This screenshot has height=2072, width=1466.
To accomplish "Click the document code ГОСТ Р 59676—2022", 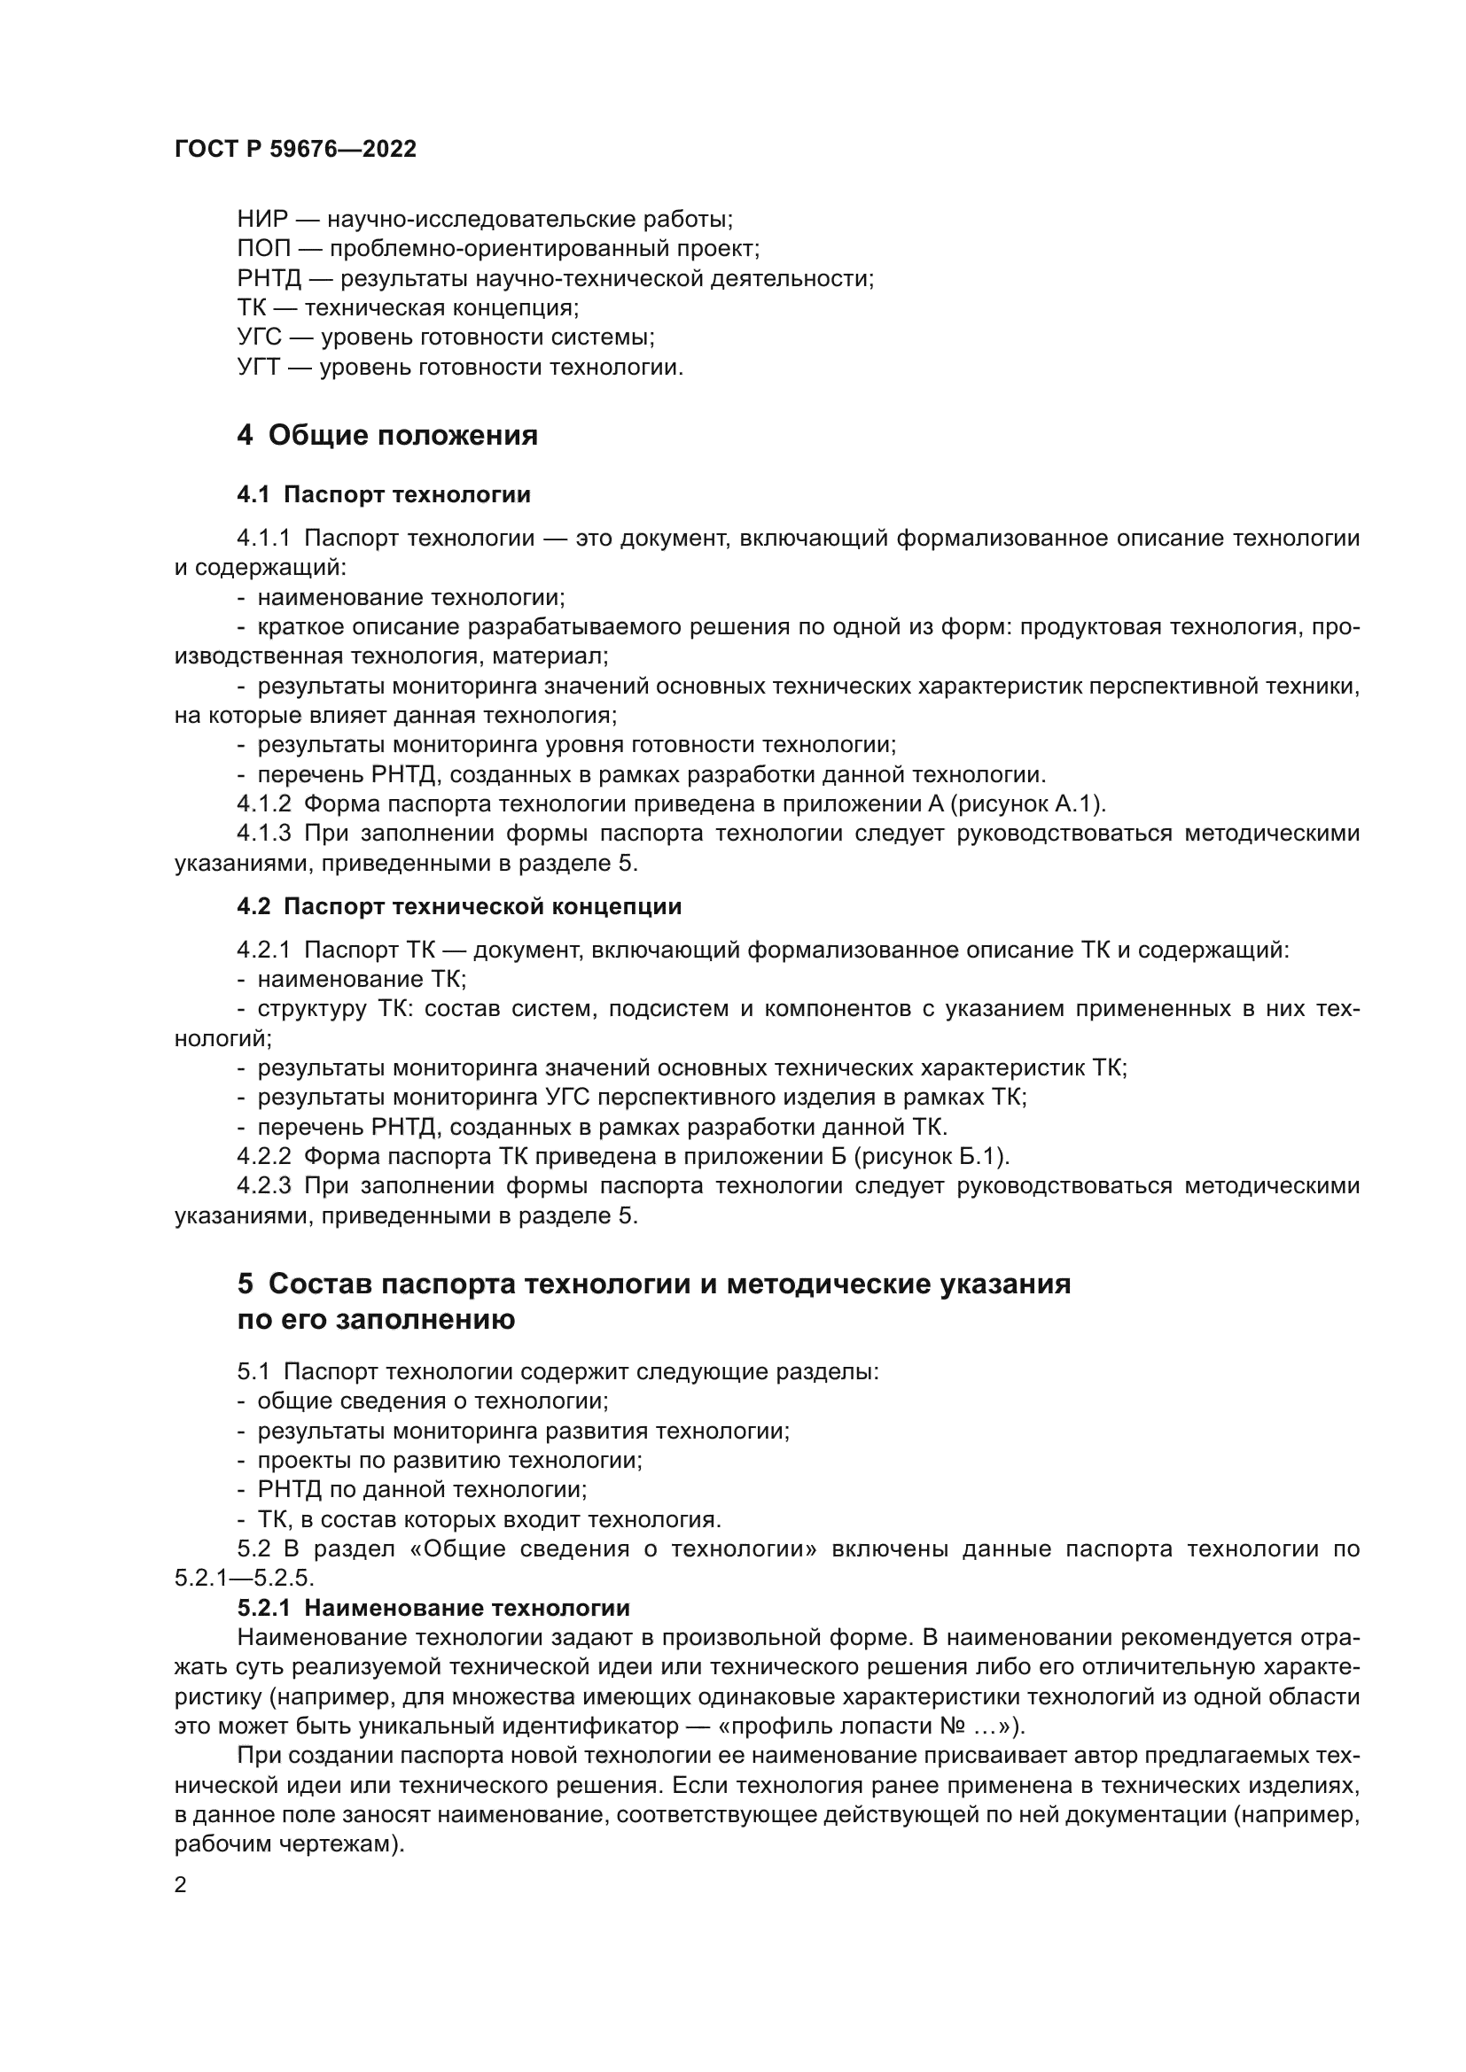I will [x=295, y=150].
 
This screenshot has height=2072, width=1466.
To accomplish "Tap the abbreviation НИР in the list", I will [x=261, y=220].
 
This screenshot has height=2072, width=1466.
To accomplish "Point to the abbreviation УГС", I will [x=260, y=338].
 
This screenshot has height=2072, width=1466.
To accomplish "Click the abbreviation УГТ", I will [x=259, y=368].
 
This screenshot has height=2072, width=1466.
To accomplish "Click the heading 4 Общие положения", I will [x=387, y=435].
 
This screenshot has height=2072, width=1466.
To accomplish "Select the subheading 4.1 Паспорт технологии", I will [x=384, y=494].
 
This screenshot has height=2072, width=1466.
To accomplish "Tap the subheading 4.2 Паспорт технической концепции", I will [x=458, y=907].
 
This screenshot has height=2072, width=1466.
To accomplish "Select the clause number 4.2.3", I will [x=263, y=1186].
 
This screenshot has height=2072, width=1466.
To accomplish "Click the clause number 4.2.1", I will [x=263, y=951].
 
